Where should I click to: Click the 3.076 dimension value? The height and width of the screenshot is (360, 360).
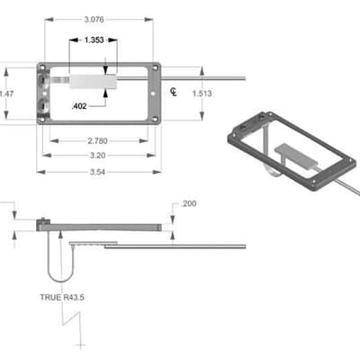(x=94, y=20)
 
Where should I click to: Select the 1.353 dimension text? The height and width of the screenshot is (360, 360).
(x=94, y=40)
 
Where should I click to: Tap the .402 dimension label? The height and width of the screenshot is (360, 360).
(x=79, y=106)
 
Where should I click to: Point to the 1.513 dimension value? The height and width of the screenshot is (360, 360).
(x=202, y=94)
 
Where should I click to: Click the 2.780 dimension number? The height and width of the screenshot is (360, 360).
(x=97, y=140)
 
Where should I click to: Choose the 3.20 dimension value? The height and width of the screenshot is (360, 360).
(x=97, y=156)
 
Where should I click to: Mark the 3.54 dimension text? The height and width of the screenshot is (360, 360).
(x=97, y=172)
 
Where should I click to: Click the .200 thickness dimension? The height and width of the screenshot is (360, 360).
(x=189, y=203)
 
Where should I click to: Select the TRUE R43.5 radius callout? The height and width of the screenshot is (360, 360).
(x=62, y=298)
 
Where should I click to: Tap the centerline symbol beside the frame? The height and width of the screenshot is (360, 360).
(x=174, y=92)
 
